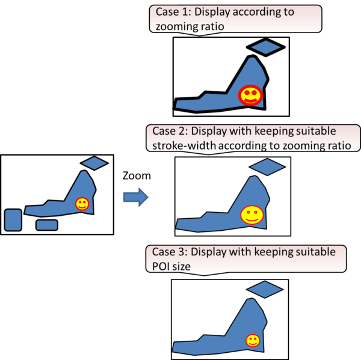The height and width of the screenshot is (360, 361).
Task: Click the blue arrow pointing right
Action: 135,197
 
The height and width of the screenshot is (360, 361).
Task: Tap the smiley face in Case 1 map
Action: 250,95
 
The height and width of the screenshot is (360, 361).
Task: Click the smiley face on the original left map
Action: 82,204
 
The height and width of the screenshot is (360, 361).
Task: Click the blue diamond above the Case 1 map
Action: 266,47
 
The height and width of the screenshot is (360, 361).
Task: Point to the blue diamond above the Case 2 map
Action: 267,166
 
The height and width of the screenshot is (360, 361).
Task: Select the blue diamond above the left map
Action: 94,163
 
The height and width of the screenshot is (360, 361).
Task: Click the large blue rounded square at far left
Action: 13,219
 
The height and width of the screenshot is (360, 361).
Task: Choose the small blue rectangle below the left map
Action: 46,225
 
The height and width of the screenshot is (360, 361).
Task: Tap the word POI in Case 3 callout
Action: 158,266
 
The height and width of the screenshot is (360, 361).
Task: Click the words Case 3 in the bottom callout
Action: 169,252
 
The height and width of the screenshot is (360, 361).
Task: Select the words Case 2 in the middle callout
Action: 169,132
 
